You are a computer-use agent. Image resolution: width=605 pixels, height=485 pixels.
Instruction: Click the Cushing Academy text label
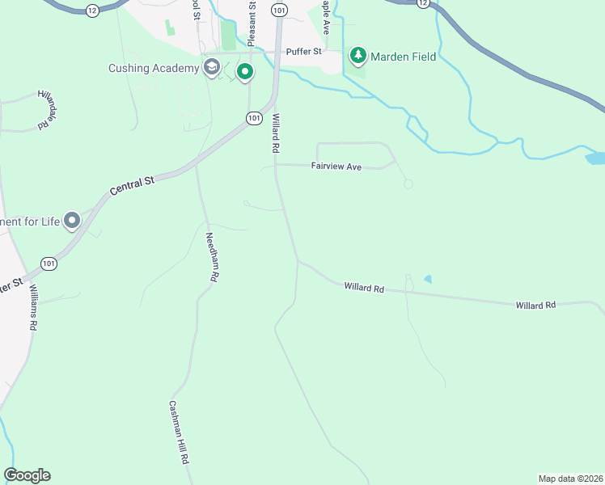154,68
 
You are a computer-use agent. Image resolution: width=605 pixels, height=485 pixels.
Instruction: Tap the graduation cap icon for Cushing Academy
212,68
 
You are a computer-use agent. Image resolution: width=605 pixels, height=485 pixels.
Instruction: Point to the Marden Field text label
404,57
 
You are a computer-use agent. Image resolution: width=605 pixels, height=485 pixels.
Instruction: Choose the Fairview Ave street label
336,167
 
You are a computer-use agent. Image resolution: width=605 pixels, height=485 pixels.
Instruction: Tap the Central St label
131,185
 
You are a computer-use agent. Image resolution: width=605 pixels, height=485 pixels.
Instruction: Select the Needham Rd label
212,257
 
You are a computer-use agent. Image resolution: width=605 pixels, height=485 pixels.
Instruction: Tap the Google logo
27,475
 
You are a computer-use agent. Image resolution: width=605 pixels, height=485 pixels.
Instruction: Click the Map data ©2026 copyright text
570,478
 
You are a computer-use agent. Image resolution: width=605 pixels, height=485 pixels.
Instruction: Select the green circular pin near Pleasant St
245,73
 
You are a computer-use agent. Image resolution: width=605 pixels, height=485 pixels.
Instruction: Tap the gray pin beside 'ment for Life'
72,220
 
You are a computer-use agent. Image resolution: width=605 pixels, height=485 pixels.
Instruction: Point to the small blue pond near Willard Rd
427,280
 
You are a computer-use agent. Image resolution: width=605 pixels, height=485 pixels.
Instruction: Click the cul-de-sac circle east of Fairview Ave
408,184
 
